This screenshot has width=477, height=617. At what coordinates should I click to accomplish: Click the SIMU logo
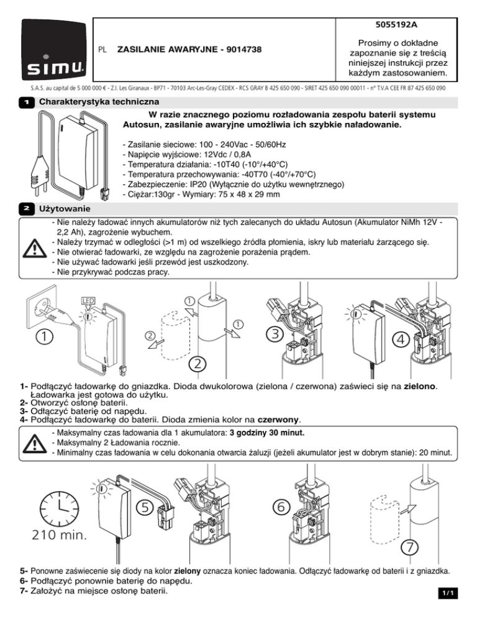point(54,50)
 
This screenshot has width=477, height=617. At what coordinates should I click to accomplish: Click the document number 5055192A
point(396,25)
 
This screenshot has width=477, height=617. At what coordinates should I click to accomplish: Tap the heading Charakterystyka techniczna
point(99,102)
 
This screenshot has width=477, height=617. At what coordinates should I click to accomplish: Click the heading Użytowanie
point(65,209)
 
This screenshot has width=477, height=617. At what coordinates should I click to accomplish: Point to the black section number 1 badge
point(27,102)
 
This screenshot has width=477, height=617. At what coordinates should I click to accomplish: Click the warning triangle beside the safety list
point(35,248)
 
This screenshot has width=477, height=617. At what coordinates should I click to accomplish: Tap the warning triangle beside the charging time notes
point(35,443)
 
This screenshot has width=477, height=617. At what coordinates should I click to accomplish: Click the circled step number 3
point(275,334)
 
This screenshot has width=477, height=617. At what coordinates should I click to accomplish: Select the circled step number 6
point(281,507)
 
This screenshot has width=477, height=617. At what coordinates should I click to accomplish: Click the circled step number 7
point(410,547)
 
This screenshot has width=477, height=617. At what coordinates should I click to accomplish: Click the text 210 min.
point(60,535)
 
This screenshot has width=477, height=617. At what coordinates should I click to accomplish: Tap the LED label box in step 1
point(88,301)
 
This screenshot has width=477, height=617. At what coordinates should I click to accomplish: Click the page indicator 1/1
point(448,593)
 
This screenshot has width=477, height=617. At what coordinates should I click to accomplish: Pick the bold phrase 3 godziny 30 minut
point(267,433)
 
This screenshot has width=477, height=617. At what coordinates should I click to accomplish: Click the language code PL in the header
point(102,50)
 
